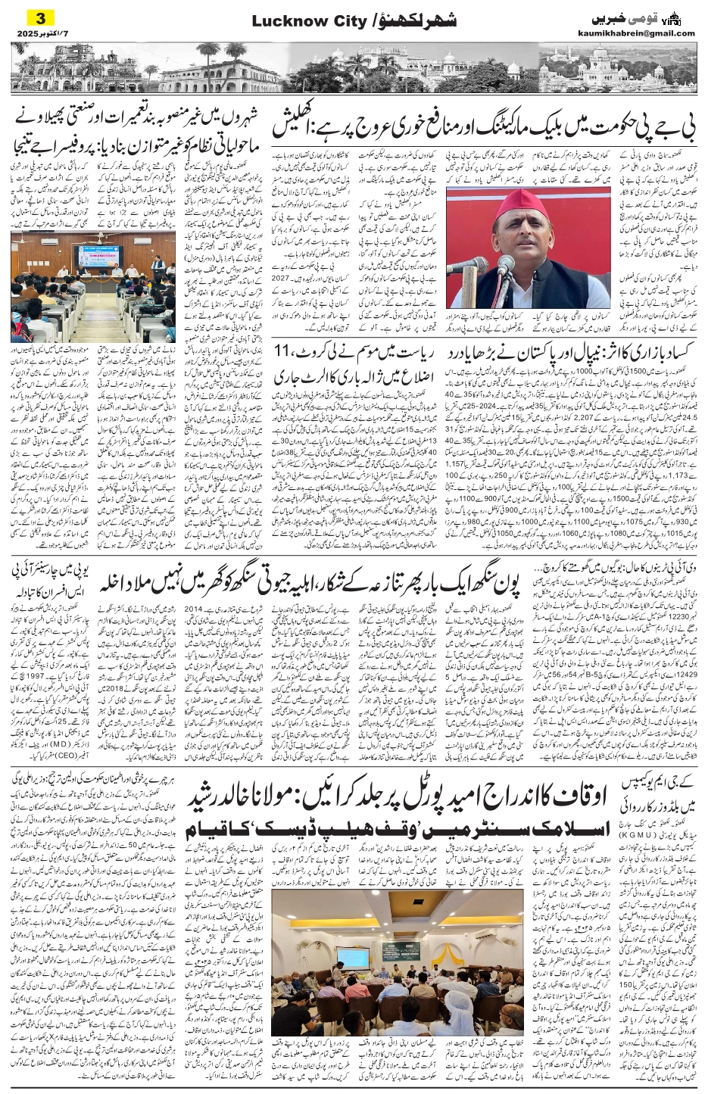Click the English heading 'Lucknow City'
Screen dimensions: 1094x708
point(302,23)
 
